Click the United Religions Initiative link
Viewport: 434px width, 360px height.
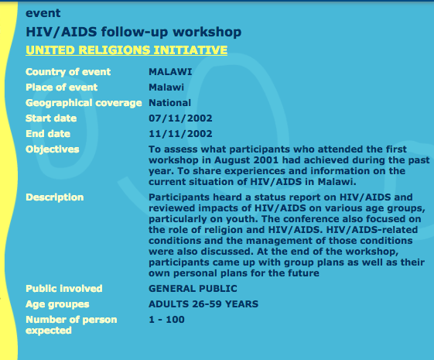pyautogui.click(x=127, y=50)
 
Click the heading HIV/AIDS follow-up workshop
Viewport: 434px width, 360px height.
pyautogui.click(x=133, y=32)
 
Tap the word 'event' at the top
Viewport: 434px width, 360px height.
pyautogui.click(x=43, y=13)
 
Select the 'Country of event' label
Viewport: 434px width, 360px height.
pyautogui.click(x=68, y=72)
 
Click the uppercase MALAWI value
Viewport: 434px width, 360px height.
pyautogui.click(x=170, y=72)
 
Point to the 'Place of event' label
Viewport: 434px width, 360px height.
pyautogui.click(x=61, y=87)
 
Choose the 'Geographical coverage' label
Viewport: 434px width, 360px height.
pyautogui.click(x=84, y=103)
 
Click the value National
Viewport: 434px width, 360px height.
pyautogui.click(x=169, y=103)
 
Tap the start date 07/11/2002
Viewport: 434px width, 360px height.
pyautogui.click(x=180, y=118)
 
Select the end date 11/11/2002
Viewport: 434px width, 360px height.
pyautogui.click(x=180, y=134)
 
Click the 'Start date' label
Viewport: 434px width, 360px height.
pyautogui.click(x=51, y=118)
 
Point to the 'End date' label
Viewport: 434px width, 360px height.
pyautogui.click(x=48, y=134)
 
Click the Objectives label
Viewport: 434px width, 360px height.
pyautogui.click(x=53, y=149)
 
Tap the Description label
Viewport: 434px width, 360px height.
pyautogui.click(x=54, y=197)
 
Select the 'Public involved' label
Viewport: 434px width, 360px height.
pyautogui.click(x=64, y=289)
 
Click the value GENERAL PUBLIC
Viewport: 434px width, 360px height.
pyautogui.click(x=193, y=289)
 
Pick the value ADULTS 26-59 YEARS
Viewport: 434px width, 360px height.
pyautogui.click(x=203, y=304)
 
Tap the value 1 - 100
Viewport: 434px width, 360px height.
pyautogui.click(x=166, y=320)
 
